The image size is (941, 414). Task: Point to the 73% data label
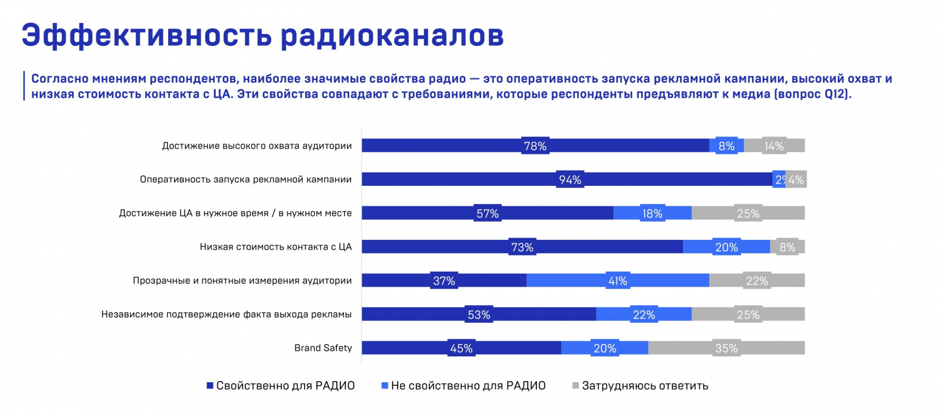(x=522, y=248)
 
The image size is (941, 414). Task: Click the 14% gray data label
(x=774, y=146)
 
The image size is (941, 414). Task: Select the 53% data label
(x=479, y=315)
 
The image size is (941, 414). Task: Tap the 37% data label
(x=444, y=281)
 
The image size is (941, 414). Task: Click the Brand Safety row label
(x=323, y=348)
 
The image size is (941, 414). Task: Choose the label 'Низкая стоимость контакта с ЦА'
(x=275, y=247)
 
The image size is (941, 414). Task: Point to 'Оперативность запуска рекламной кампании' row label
(x=245, y=179)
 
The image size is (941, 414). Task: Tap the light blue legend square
(x=385, y=386)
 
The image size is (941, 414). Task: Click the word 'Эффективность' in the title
(x=146, y=35)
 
